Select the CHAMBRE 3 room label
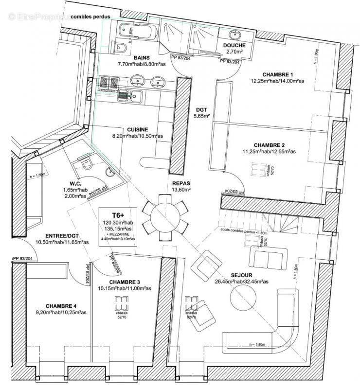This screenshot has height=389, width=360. point(125,282)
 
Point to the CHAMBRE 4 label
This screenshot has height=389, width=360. point(61,306)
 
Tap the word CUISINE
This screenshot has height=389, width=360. point(138,129)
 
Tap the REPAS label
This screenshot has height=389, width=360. point(181,183)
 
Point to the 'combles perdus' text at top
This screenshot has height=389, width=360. point(90,17)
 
